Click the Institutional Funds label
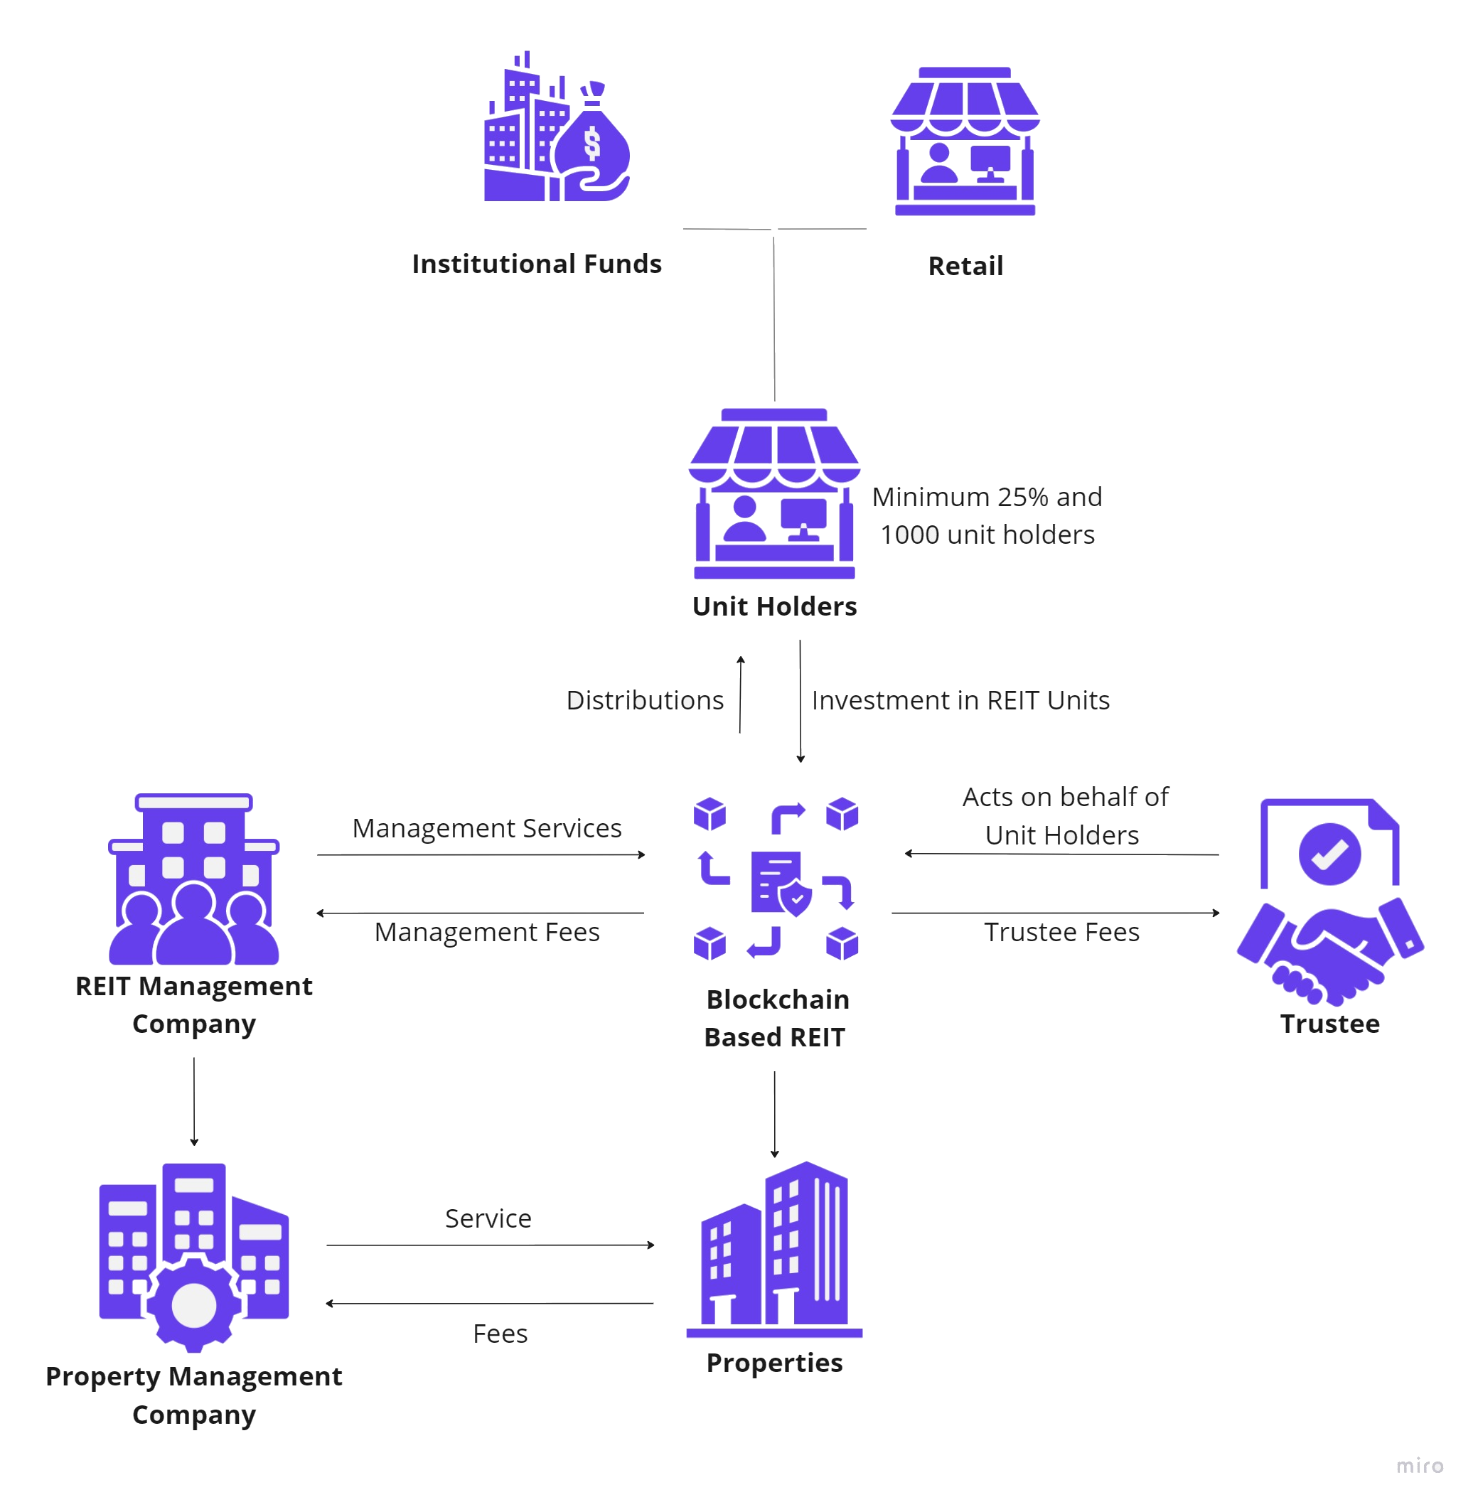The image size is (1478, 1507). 537,264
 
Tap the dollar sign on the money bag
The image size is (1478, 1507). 592,144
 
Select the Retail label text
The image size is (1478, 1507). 965,266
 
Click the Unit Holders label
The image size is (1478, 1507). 774,606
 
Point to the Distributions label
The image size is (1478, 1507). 645,700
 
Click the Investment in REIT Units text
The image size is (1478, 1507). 960,700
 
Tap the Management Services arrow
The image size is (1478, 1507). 481,854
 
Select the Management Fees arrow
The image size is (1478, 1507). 481,913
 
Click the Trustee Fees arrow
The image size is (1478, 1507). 1056,913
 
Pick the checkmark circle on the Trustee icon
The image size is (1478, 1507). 1329,854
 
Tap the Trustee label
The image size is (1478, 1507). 1329,1024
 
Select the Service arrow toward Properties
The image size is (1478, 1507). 490,1245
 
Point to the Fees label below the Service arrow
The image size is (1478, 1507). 500,1334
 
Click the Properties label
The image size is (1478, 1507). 774,1363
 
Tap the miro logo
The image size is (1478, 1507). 1419,1466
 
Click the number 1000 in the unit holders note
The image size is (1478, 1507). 910,535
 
